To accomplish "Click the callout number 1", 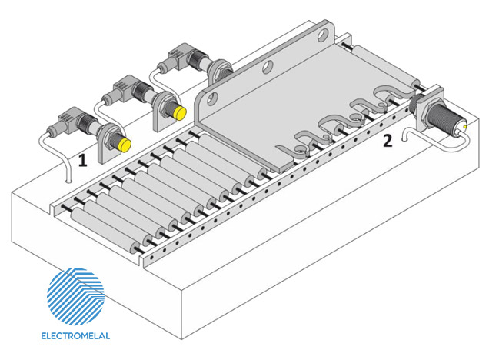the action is click(82, 160).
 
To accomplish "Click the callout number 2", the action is click(388, 141).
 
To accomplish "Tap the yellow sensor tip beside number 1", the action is click(125, 145).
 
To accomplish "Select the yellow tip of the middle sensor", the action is click(180, 112).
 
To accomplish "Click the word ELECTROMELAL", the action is click(75, 336).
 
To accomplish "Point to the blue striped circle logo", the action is click(75, 296).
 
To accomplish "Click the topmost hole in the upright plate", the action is click(324, 35).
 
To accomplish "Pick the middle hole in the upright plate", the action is click(268, 67).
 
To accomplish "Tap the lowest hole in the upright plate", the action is click(211, 98).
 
